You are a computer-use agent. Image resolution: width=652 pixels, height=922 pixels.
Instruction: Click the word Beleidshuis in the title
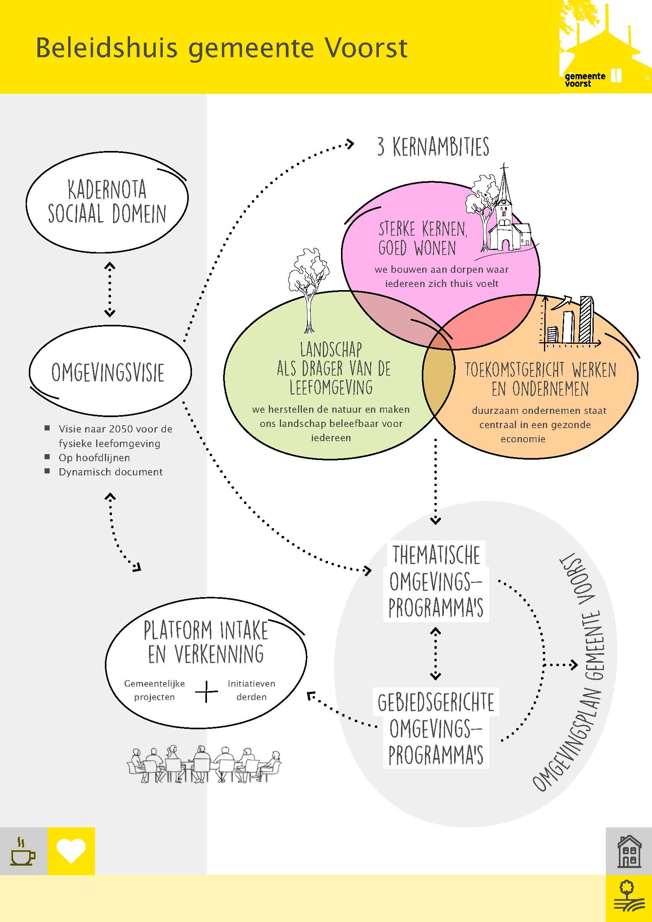pyautogui.click(x=106, y=48)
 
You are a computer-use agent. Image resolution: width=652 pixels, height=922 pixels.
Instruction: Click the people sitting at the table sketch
pyautogui.click(x=204, y=764)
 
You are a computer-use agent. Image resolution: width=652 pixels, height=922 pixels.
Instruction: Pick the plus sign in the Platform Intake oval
pyautogui.click(x=206, y=691)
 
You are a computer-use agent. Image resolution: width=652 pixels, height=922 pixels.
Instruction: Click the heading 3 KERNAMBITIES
pyautogui.click(x=433, y=147)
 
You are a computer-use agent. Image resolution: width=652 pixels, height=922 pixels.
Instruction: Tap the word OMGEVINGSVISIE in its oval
pyautogui.click(x=108, y=373)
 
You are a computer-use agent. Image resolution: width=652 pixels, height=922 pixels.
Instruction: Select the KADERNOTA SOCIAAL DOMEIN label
pyautogui.click(x=107, y=201)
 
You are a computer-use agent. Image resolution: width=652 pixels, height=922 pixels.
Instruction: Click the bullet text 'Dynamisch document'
pyautogui.click(x=110, y=472)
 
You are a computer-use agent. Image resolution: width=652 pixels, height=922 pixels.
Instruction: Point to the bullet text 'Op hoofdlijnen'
pyautogui.click(x=94, y=458)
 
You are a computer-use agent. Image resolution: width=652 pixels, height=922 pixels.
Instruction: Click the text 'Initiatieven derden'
pyautogui.click(x=251, y=690)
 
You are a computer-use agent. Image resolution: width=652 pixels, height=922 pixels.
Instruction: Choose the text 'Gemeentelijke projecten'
pyautogui.click(x=154, y=690)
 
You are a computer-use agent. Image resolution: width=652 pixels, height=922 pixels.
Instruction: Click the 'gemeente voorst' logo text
pyautogui.click(x=585, y=80)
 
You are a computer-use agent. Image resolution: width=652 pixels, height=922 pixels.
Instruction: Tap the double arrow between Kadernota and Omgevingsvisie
pyautogui.click(x=110, y=290)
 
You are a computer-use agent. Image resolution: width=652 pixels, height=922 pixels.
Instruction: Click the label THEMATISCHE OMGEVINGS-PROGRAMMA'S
pyautogui.click(x=436, y=581)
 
